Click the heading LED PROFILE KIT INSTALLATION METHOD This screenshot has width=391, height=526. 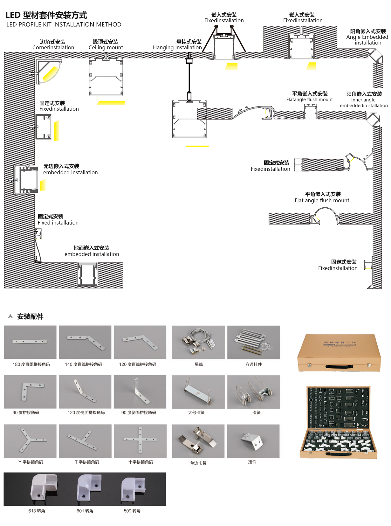pyautogui.click(x=64, y=24)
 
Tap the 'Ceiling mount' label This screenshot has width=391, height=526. pyautogui.click(x=106, y=47)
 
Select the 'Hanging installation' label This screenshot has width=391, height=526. pyautogui.click(x=177, y=47)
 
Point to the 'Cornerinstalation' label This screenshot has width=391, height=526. pyautogui.click(x=53, y=47)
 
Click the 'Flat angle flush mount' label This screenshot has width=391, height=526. pyautogui.click(x=322, y=200)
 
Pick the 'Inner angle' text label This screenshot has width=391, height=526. pyautogui.click(x=363, y=100)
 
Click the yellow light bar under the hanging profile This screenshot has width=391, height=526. pyautogui.click(x=197, y=146)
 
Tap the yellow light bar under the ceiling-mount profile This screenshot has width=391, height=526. pyautogui.click(x=111, y=103)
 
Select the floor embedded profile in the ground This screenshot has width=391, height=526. pyautogui.click(x=87, y=275)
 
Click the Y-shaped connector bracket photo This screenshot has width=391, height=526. pyautogui.click(x=30, y=441)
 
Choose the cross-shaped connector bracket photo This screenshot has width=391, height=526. pyautogui.click(x=140, y=441)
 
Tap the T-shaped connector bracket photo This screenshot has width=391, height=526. pyautogui.click(x=85, y=441)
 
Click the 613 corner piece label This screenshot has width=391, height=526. pyautogui.click(x=37, y=511)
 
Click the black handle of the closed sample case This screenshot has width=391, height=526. pyautogui.click(x=339, y=366)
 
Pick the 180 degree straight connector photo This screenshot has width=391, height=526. pyautogui.click(x=30, y=342)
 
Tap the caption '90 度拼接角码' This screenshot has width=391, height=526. pyautogui.click(x=26, y=412)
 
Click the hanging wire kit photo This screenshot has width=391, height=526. pyautogui.click(x=198, y=342)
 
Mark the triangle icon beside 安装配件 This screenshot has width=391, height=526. pyautogui.click(x=10, y=316)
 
